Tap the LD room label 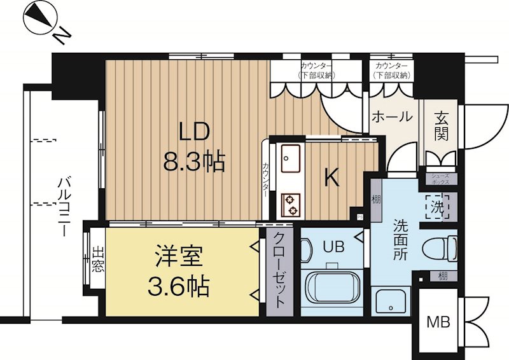pos(194,132)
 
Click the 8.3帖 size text pos(194,162)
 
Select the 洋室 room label pos(179,256)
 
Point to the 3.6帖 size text pos(178,286)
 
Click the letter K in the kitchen pos(332,177)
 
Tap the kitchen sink pos(291,158)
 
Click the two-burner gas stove pos(291,205)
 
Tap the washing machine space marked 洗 pos(437,207)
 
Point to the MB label pos(438,322)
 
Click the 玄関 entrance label pos(441,126)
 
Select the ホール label pos(392,117)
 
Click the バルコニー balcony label pos(64,207)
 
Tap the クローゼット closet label pos(279,270)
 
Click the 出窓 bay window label pos(98,259)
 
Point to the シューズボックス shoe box pos(440,179)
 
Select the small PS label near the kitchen pos(359,216)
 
